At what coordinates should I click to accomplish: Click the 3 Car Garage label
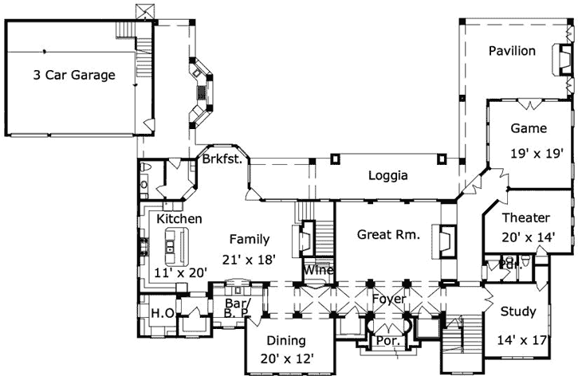[x=74, y=76]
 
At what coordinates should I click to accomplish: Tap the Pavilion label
[x=512, y=51]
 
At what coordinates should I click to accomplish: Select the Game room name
[x=529, y=127]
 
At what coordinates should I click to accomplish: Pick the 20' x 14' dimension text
[x=529, y=237]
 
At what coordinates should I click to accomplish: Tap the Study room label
[x=517, y=311]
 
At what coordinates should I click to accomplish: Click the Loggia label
[x=387, y=176]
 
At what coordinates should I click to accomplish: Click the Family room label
[x=250, y=239]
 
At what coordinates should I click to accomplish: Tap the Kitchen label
[x=179, y=218]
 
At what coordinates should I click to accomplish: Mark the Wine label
[x=317, y=270]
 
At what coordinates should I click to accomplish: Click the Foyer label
[x=389, y=299]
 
